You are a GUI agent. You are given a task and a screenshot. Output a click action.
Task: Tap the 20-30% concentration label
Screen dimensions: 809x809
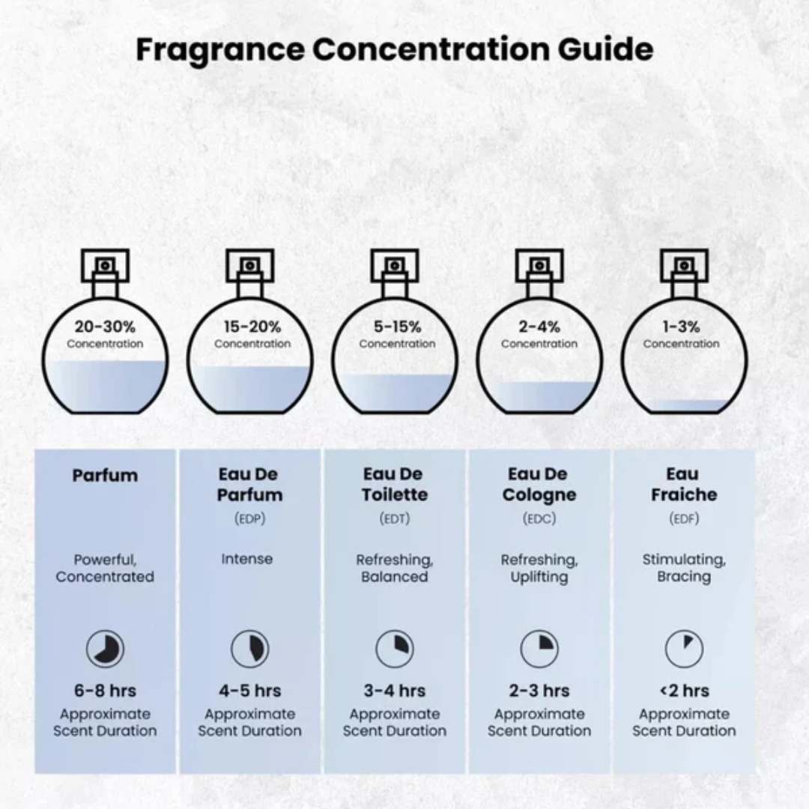[105, 327]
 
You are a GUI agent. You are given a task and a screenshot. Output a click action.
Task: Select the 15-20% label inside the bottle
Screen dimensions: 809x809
[252, 327]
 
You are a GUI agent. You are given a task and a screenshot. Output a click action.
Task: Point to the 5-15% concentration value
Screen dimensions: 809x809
[397, 327]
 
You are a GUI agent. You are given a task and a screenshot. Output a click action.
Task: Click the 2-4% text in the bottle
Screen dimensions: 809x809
[539, 327]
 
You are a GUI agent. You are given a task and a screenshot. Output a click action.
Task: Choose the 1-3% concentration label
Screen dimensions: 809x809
[682, 327]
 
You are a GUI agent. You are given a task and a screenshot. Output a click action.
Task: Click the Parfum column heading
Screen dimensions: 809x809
[105, 475]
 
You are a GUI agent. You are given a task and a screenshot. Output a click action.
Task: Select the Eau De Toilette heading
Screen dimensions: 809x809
[395, 484]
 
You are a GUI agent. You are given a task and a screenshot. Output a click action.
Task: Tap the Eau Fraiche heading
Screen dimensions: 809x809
[683, 484]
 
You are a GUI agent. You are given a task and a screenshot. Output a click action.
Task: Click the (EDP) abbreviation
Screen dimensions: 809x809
[249, 518]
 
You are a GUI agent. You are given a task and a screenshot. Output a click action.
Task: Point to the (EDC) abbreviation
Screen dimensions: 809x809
[539, 518]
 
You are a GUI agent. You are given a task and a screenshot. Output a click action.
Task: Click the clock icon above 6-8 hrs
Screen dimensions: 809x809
[105, 649]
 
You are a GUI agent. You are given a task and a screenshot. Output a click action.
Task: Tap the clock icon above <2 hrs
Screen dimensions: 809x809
[683, 649]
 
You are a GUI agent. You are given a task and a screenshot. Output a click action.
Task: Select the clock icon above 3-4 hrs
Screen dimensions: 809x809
[395, 649]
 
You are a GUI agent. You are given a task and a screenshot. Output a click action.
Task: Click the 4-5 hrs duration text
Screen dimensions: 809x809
[249, 691]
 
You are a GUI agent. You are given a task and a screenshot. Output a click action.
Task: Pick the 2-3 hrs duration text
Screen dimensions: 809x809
[539, 691]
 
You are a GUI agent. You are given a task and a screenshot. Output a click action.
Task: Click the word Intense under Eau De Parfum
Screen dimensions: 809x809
[247, 559]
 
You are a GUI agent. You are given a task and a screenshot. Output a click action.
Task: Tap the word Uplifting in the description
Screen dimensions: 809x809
[539, 577]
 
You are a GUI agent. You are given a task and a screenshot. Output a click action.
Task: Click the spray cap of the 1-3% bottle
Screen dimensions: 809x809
[683, 265]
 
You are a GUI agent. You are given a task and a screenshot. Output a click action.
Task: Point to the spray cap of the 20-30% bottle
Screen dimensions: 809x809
[105, 265]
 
